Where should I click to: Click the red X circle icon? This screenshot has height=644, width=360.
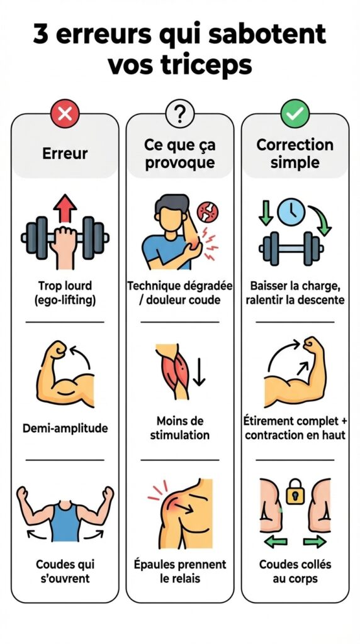pyautogui.click(x=65, y=113)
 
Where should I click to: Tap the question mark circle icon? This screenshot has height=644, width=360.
pyautogui.click(x=179, y=113)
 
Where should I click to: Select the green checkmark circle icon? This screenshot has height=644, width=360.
pyautogui.click(x=295, y=113)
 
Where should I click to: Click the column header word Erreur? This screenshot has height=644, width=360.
pyautogui.click(x=65, y=153)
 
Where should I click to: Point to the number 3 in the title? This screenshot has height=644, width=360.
pyautogui.click(x=40, y=35)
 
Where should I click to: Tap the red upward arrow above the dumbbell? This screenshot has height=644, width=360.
pyautogui.click(x=65, y=208)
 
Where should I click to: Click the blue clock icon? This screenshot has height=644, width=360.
pyautogui.click(x=291, y=212)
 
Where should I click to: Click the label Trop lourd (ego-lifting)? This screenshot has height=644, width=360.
pyautogui.click(x=65, y=293)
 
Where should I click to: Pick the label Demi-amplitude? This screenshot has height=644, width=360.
pyautogui.click(x=65, y=428)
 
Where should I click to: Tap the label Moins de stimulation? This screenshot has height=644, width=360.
pyautogui.click(x=179, y=428)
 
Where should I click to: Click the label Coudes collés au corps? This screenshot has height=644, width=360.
pyautogui.click(x=295, y=571)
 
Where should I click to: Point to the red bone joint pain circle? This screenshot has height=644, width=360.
pyautogui.click(x=208, y=213)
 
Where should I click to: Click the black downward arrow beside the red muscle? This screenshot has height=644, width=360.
pyautogui.click(x=200, y=372)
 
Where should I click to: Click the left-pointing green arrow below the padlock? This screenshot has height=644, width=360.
pyautogui.click(x=276, y=541)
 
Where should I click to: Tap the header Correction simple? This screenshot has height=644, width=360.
pyautogui.click(x=295, y=153)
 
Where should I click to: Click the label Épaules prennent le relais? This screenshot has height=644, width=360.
pyautogui.click(x=180, y=571)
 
